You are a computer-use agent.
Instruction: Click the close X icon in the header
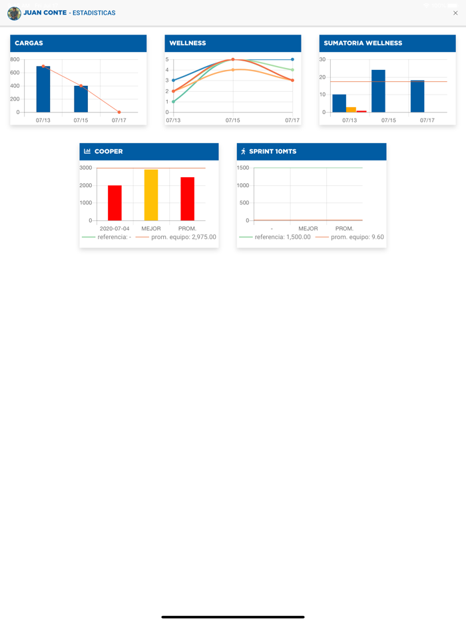pyautogui.click(x=455, y=13)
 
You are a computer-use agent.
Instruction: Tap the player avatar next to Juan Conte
pyautogui.click(x=14, y=13)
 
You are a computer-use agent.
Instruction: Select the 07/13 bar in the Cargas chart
pyautogui.click(x=43, y=89)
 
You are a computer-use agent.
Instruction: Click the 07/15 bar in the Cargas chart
pyautogui.click(x=81, y=99)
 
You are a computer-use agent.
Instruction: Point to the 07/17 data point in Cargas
pyautogui.click(x=119, y=112)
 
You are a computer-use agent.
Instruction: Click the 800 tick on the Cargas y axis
pyautogui.click(x=15, y=59)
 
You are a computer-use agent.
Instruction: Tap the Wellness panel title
pyautogui.click(x=188, y=43)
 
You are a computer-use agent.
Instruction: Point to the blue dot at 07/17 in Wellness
pyautogui.click(x=292, y=59)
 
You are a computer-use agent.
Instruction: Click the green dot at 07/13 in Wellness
pyautogui.click(x=173, y=102)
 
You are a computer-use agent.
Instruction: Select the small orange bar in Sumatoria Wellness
pyautogui.click(x=351, y=110)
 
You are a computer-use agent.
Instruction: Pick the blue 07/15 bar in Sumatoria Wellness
pyautogui.click(x=378, y=91)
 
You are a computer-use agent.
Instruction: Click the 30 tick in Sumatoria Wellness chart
pyautogui.click(x=323, y=59)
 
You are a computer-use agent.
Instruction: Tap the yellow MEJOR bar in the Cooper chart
pyautogui.click(x=151, y=195)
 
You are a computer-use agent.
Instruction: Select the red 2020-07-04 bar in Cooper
pyautogui.click(x=115, y=203)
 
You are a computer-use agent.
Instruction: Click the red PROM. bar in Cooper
pyautogui.click(x=188, y=199)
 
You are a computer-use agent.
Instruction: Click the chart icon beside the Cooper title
pyautogui.click(x=87, y=151)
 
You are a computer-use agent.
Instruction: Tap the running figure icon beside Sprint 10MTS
pyautogui.click(x=243, y=151)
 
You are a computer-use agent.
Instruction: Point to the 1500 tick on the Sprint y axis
pyautogui.click(x=243, y=168)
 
